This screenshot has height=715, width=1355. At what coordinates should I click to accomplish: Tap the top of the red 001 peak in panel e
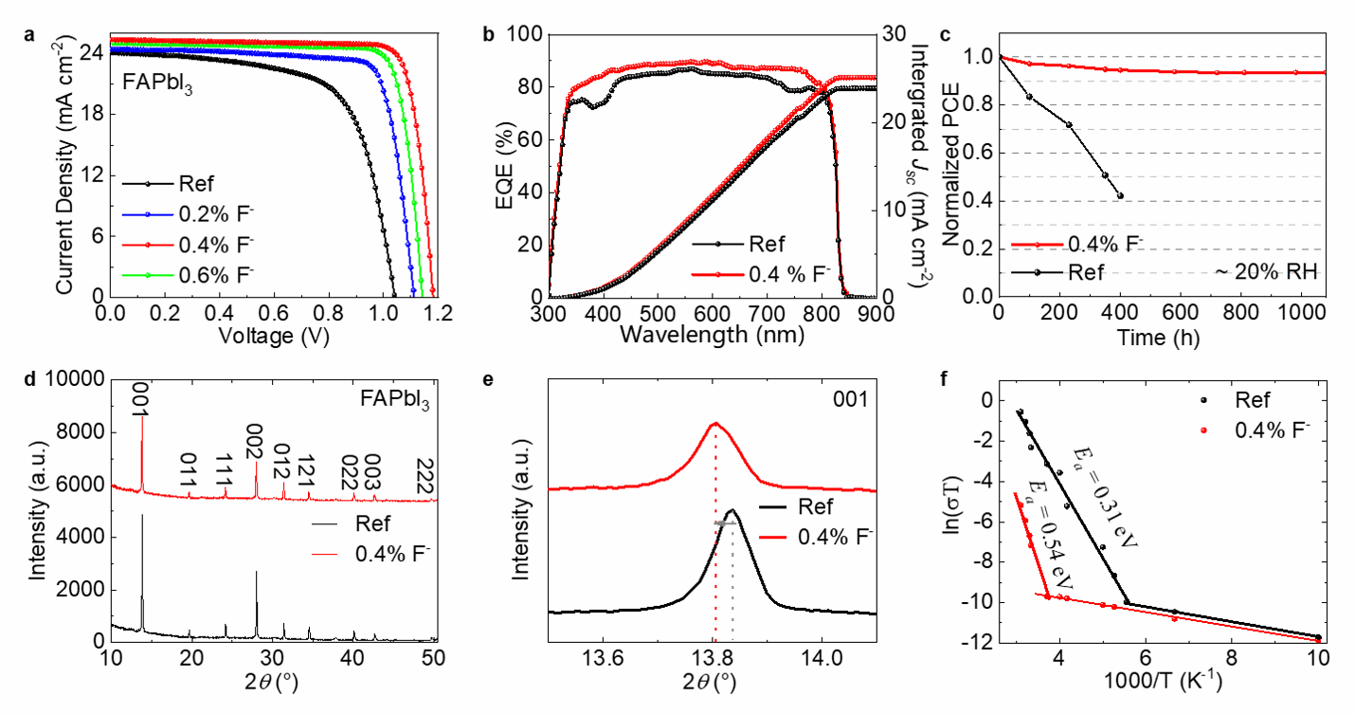pyautogui.click(x=715, y=424)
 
